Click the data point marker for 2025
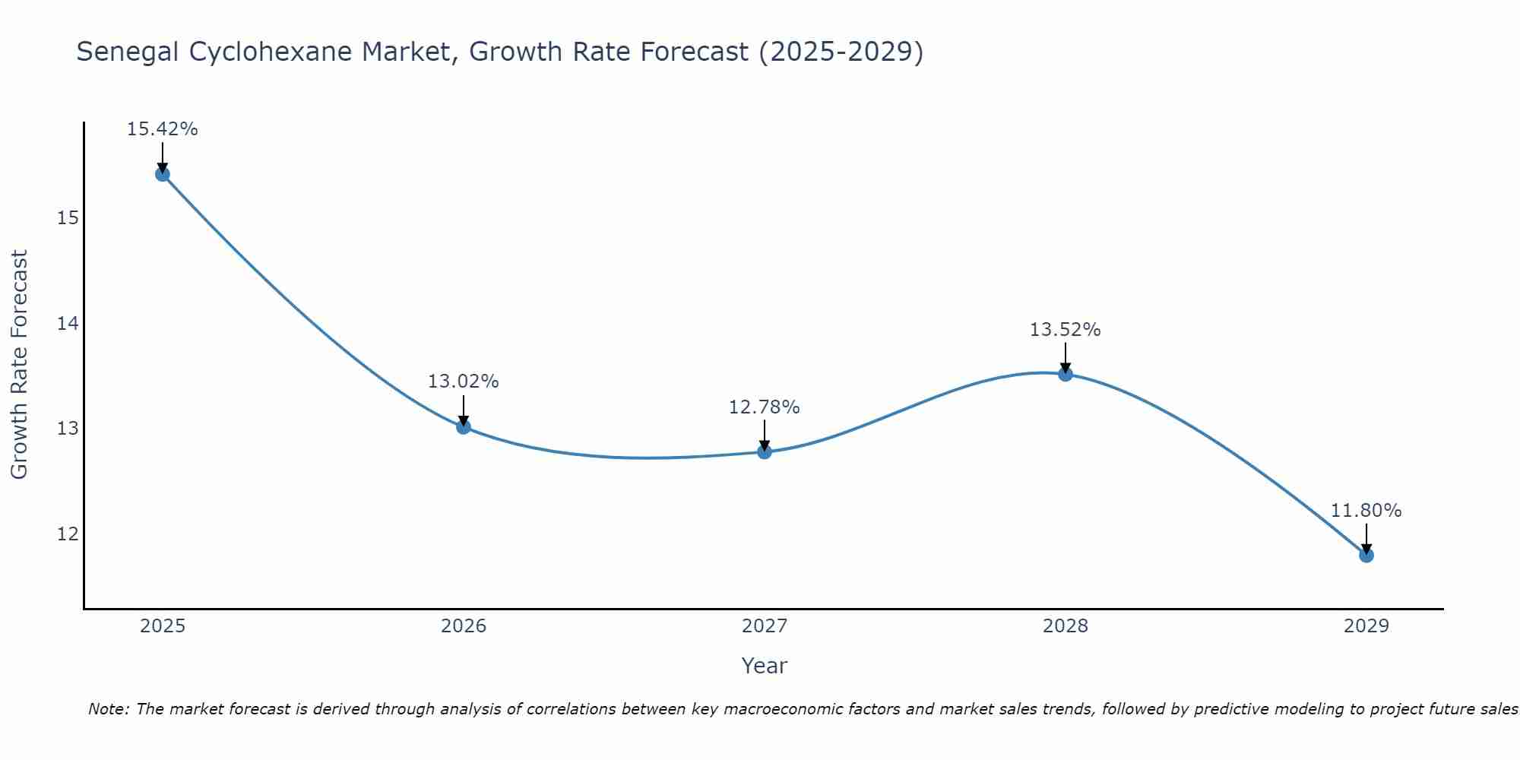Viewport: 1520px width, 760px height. (162, 174)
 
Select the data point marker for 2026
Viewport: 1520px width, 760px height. (464, 426)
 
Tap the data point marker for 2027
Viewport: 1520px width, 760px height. (765, 451)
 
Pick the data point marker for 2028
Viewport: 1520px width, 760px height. (1066, 374)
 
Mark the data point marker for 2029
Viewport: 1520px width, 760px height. (1366, 555)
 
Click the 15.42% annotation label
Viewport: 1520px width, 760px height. (162, 129)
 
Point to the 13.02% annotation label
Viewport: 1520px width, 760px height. (463, 382)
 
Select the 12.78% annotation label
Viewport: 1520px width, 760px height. (764, 407)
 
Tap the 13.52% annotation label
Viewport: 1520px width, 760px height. (1065, 330)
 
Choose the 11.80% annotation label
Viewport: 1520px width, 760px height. (1366, 511)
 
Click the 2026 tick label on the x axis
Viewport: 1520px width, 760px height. (464, 626)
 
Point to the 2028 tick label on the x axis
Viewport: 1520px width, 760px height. (1066, 626)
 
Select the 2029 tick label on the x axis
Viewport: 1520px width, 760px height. (1366, 626)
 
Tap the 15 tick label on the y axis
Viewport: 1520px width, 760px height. (68, 219)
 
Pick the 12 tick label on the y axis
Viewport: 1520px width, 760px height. (68, 534)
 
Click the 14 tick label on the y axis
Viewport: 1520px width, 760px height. (68, 324)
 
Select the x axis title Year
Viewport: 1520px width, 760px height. (764, 666)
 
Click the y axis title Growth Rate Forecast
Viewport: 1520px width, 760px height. (19, 364)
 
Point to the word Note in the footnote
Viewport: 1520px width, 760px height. (107, 709)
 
